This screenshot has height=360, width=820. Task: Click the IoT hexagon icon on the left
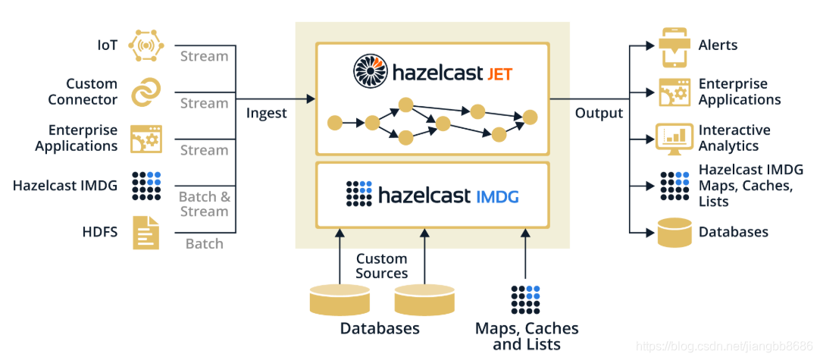tap(146, 45)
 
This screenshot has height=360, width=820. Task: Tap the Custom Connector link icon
tap(146, 92)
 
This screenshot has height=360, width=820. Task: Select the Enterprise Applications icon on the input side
tap(146, 139)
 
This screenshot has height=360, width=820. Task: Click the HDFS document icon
tap(146, 232)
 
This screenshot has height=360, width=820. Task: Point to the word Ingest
tap(267, 113)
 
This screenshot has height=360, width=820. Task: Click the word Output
tap(599, 113)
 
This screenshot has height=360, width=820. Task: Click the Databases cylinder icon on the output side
tap(674, 232)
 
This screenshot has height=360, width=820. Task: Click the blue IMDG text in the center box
tap(497, 196)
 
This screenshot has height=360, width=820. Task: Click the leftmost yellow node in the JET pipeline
tap(333, 121)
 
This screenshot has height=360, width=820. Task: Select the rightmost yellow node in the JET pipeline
tap(530, 117)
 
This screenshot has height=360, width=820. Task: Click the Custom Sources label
tap(382, 266)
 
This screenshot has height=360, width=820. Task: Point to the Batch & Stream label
tap(204, 204)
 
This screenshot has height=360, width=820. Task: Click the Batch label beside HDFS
tap(205, 244)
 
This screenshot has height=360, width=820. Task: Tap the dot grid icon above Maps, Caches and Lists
tap(525, 299)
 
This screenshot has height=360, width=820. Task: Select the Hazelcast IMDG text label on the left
tap(65, 185)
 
